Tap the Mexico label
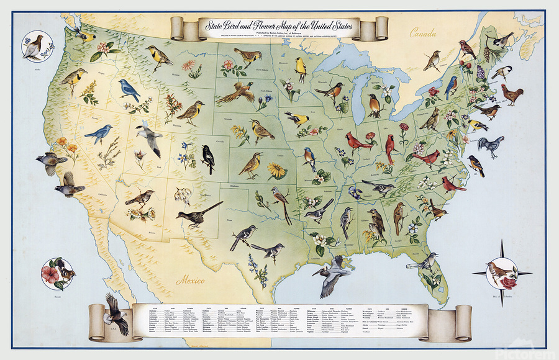click(191, 281)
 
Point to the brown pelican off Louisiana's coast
click(335, 274)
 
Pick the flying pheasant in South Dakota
click(236, 92)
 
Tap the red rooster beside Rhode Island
click(511, 95)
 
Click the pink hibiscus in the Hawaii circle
click(52, 273)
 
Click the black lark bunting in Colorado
click(208, 159)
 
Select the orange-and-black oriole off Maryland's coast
click(476, 165)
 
